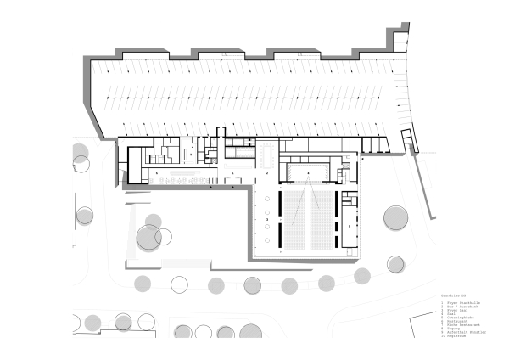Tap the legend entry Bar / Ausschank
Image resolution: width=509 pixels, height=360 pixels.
[x=459, y=306]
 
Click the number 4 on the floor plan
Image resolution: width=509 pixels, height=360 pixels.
[x=308, y=172]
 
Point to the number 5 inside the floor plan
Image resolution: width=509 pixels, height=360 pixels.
[x=349, y=227]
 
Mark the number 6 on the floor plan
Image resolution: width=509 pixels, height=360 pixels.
[x=156, y=172]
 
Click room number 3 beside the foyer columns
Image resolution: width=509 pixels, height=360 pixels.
[x=267, y=220]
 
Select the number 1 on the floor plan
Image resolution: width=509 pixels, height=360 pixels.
[x=232, y=172]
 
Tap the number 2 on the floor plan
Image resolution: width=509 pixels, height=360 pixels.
[x=267, y=172]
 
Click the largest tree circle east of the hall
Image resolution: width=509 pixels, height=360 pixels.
[x=396, y=217]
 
